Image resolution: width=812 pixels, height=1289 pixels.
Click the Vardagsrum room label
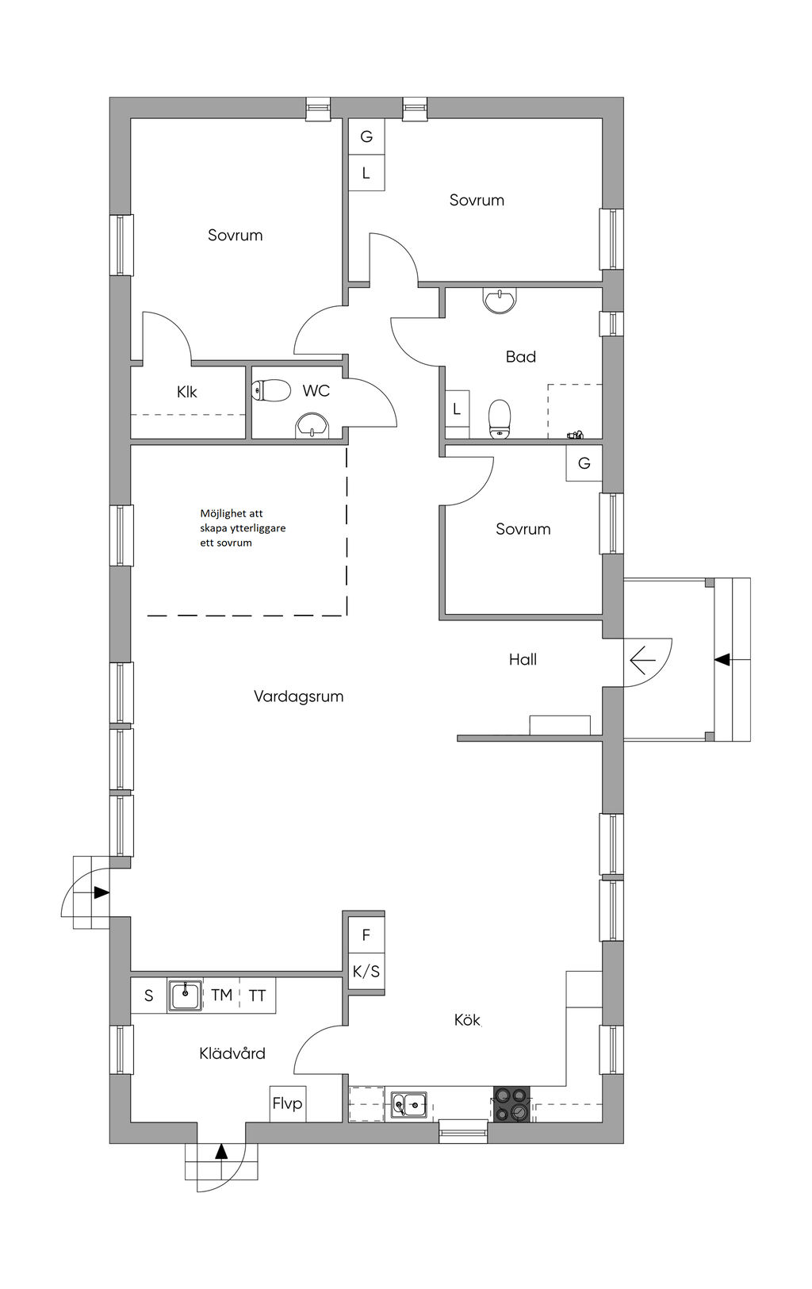tap(298, 696)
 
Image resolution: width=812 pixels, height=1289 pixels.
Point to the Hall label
tap(523, 659)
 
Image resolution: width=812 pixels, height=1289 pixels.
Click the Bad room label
tap(521, 357)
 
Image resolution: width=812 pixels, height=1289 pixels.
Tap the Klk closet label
tap(187, 392)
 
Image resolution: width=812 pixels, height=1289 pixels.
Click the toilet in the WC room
tap(271, 391)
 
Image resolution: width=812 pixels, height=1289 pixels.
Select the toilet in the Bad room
tap(500, 419)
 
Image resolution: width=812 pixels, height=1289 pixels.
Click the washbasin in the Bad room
tap(500, 301)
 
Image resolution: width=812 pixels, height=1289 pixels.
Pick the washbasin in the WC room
tap(312, 426)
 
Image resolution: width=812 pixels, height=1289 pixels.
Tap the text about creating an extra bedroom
tap(243, 527)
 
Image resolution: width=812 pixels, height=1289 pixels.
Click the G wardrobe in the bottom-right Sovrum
tap(584, 463)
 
